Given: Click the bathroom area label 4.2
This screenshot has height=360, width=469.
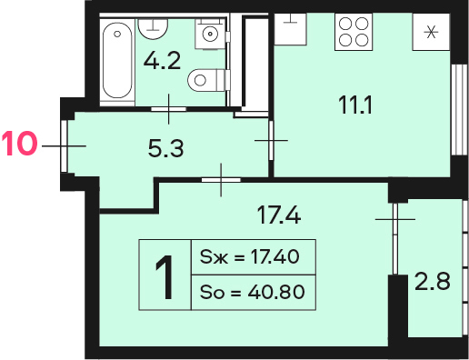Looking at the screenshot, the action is (162, 61).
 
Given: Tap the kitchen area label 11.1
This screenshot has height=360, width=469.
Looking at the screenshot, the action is (355, 105).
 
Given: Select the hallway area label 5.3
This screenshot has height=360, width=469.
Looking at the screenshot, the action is (165, 149).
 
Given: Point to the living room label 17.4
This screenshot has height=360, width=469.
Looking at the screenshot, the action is (279, 215).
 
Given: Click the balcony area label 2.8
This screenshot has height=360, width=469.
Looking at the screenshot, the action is (432, 282).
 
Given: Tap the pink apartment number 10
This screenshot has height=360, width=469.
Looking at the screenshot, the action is (19, 144).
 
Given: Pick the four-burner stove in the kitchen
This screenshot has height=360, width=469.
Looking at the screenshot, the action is (354, 32).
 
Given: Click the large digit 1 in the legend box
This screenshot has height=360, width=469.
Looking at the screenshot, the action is (165, 276).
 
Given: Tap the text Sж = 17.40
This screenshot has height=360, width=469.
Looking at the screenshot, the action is (249, 256).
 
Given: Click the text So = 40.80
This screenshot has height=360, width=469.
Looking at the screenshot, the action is (252, 292).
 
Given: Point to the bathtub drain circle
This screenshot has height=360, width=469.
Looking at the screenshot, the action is (117, 34).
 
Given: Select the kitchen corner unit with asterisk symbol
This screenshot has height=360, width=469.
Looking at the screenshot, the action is (431, 32).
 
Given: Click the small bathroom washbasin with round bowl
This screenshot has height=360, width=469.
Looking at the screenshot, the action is (210, 34).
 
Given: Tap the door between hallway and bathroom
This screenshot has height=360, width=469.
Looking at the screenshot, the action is (168, 109).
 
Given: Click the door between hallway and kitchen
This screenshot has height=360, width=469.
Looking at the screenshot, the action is (271, 140).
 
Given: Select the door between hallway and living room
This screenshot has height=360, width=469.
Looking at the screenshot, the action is (221, 180).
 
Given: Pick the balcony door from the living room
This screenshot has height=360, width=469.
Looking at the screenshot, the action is (394, 239).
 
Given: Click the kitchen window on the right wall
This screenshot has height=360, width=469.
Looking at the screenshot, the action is (459, 110).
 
